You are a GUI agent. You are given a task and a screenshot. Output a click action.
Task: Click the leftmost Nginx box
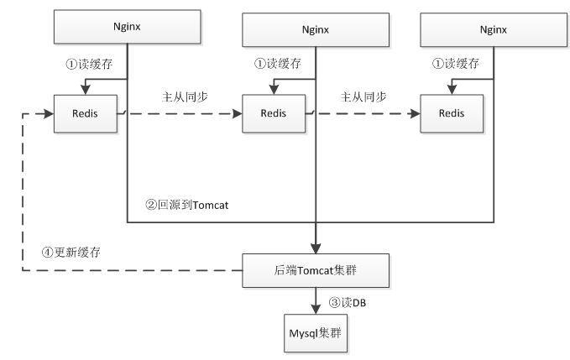[128, 27]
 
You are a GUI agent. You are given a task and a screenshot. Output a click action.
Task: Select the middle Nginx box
[316, 29]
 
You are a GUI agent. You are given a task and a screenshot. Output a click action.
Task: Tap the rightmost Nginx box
[494, 29]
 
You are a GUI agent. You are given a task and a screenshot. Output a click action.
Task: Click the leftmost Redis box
[86, 113]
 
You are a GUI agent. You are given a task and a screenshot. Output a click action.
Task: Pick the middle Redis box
[274, 113]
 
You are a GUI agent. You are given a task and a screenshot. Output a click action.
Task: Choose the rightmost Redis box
[452, 113]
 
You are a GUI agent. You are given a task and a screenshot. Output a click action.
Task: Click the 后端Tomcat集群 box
[316, 271]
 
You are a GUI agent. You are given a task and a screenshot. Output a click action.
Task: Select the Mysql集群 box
[316, 333]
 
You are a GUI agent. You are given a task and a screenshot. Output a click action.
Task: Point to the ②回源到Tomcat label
[187, 205]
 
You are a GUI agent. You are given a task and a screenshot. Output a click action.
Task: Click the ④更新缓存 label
[71, 252]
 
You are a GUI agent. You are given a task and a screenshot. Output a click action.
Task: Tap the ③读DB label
[348, 302]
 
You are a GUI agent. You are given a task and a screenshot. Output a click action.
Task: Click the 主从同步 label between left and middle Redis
[185, 97]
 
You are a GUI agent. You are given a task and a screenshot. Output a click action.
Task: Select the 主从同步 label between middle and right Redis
[363, 97]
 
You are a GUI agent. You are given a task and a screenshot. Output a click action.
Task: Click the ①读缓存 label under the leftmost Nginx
[89, 65]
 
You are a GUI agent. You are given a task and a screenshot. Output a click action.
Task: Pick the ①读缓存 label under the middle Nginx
[277, 64]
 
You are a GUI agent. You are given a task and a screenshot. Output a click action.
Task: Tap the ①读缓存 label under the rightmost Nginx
[456, 64]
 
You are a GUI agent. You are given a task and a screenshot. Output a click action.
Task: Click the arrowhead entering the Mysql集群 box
[316, 309]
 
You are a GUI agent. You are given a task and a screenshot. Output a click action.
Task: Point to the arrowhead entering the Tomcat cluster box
[316, 248]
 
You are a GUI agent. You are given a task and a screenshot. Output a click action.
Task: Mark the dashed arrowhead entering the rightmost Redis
[415, 113]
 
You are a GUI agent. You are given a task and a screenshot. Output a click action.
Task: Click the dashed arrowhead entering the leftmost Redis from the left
[49, 113]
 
